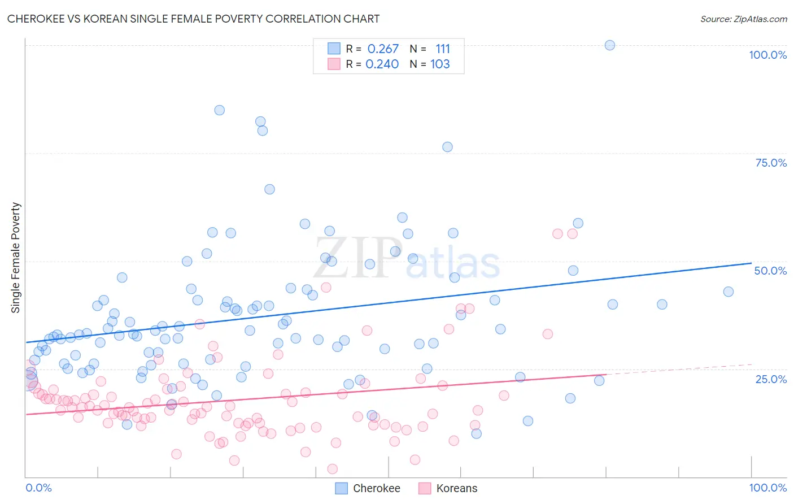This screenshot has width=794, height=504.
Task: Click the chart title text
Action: (x=193, y=19)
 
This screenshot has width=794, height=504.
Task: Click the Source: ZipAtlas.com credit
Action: (x=743, y=19)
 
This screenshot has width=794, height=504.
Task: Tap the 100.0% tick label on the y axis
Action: (x=767, y=55)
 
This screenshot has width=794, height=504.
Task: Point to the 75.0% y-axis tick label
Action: (x=771, y=163)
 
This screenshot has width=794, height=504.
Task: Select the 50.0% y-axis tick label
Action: (x=770, y=271)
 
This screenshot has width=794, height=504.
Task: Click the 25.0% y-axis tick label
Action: (x=771, y=379)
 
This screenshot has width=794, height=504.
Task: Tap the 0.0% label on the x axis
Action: (x=38, y=488)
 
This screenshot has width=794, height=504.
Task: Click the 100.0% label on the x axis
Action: (x=767, y=488)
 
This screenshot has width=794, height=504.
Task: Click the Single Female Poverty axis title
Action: (x=16, y=258)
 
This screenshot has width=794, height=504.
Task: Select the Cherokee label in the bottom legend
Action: (x=376, y=488)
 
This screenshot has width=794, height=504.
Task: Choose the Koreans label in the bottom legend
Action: (x=456, y=488)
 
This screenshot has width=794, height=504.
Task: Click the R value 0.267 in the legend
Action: (x=383, y=49)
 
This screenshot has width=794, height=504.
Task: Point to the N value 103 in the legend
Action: (x=440, y=64)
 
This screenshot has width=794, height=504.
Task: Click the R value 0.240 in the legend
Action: (x=382, y=64)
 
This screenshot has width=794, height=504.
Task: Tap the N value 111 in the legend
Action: (x=443, y=49)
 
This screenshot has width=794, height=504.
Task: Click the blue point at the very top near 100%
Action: (x=610, y=45)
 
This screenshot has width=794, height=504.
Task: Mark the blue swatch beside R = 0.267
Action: (x=334, y=49)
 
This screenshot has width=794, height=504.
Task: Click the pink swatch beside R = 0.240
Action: (x=334, y=64)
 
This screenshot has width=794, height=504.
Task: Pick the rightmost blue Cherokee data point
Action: (x=728, y=292)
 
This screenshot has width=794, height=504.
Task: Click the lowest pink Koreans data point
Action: (x=333, y=469)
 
